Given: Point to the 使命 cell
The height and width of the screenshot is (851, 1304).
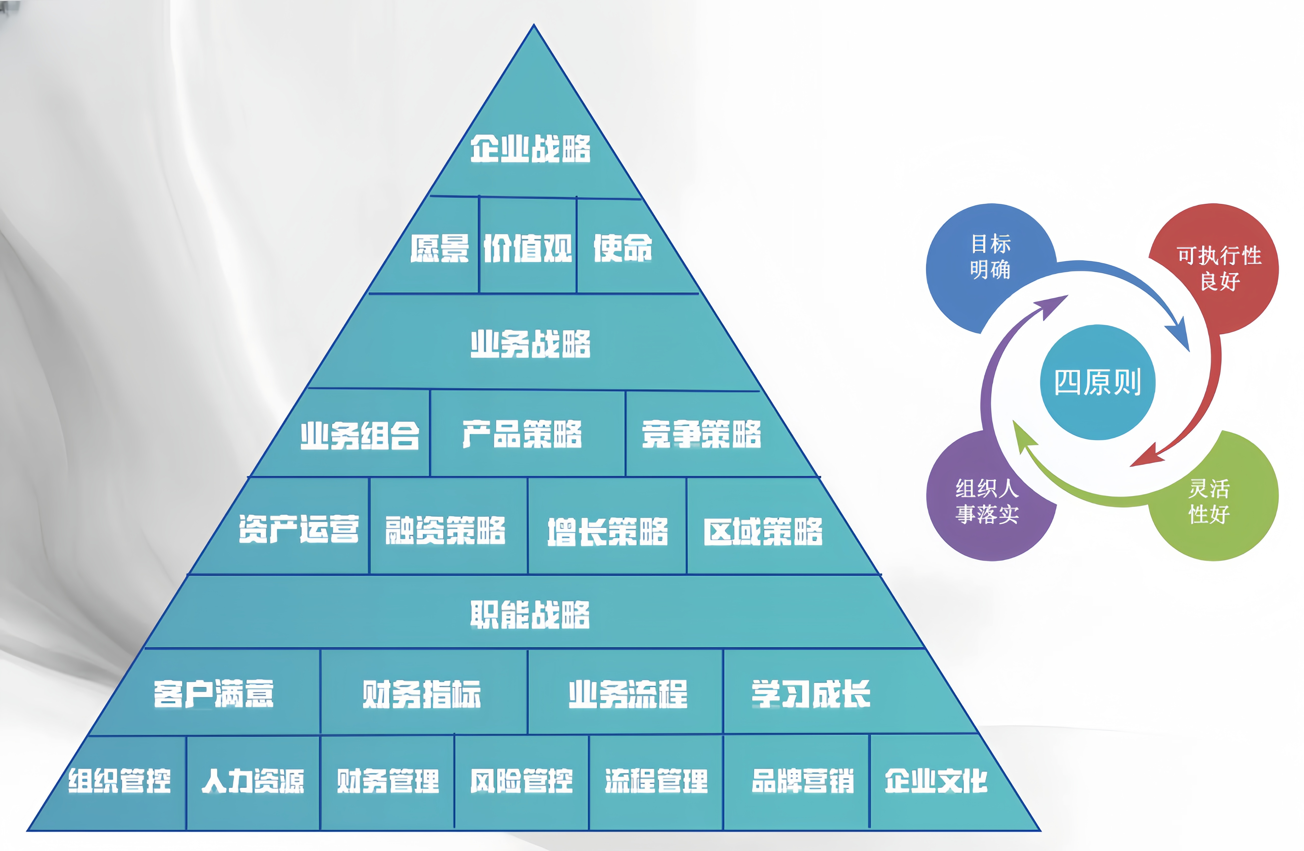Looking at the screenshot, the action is tap(630, 247).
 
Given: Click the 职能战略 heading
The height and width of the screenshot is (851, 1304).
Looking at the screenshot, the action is tap(530, 614).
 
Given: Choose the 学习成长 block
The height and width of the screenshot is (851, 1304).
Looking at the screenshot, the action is tap(844, 692).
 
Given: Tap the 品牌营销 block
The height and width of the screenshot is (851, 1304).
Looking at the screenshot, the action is tap(796, 782).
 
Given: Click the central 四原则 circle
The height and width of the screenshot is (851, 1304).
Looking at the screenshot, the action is tap(1097, 382).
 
